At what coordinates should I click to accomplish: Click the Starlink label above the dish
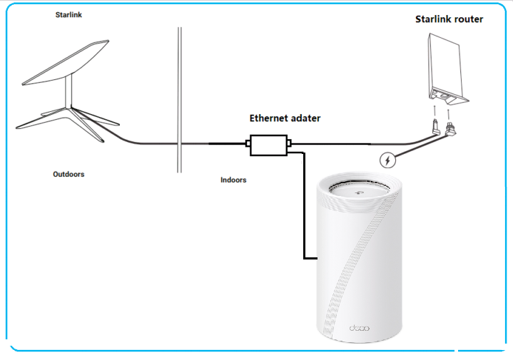(x=69, y=14)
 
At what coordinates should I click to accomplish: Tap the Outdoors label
(x=68, y=174)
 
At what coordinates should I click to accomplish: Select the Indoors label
(x=233, y=180)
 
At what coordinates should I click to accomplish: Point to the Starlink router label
(x=449, y=19)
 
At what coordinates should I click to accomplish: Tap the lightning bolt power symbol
(x=387, y=160)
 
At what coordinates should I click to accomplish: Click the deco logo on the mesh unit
(x=358, y=328)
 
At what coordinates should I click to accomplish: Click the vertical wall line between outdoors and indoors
(x=179, y=100)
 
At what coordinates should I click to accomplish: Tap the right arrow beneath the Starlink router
(x=448, y=112)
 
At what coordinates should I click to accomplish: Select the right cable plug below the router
(x=450, y=130)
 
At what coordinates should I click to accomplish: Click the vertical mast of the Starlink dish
(x=71, y=93)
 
